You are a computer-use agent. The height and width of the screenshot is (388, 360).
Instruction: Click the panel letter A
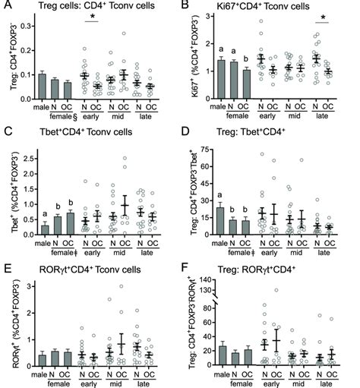click(6, 6)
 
